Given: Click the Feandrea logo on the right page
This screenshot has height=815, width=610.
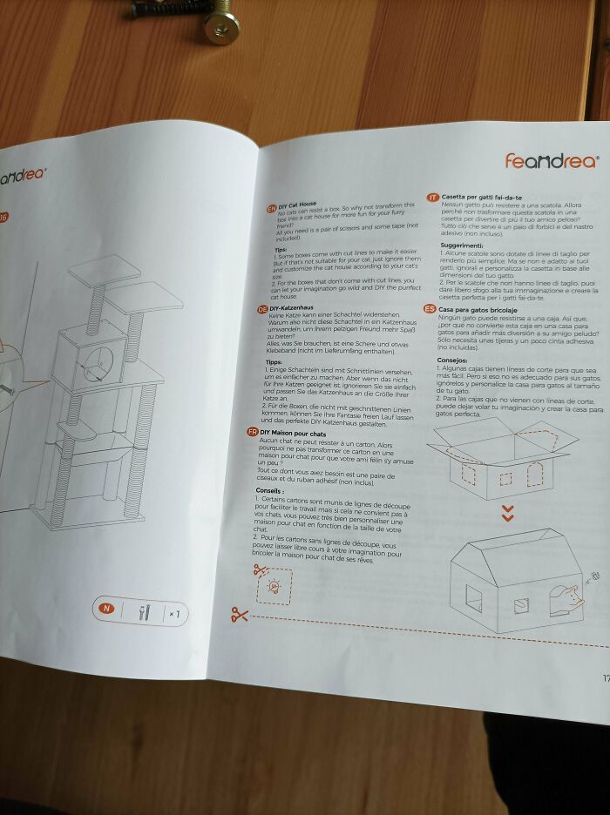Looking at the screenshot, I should click(551, 161).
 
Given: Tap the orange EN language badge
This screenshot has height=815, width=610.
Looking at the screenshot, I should click(271, 210).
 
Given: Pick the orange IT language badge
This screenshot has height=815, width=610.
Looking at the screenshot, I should click(431, 198).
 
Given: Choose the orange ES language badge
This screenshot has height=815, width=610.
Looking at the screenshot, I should click(429, 308).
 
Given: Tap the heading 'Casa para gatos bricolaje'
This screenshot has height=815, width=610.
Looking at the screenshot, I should click(478, 310).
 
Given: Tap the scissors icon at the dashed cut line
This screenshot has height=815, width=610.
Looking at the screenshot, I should click(239, 616).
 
